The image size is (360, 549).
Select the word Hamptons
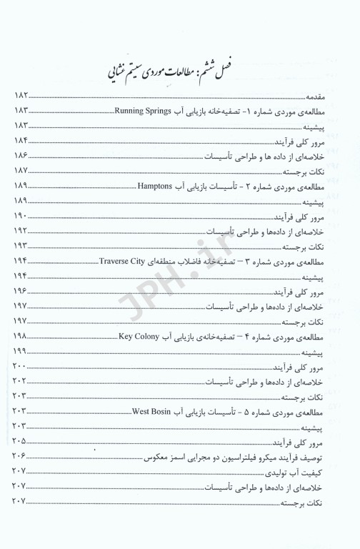tap(156, 186)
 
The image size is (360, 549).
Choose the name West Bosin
tap(171, 411)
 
